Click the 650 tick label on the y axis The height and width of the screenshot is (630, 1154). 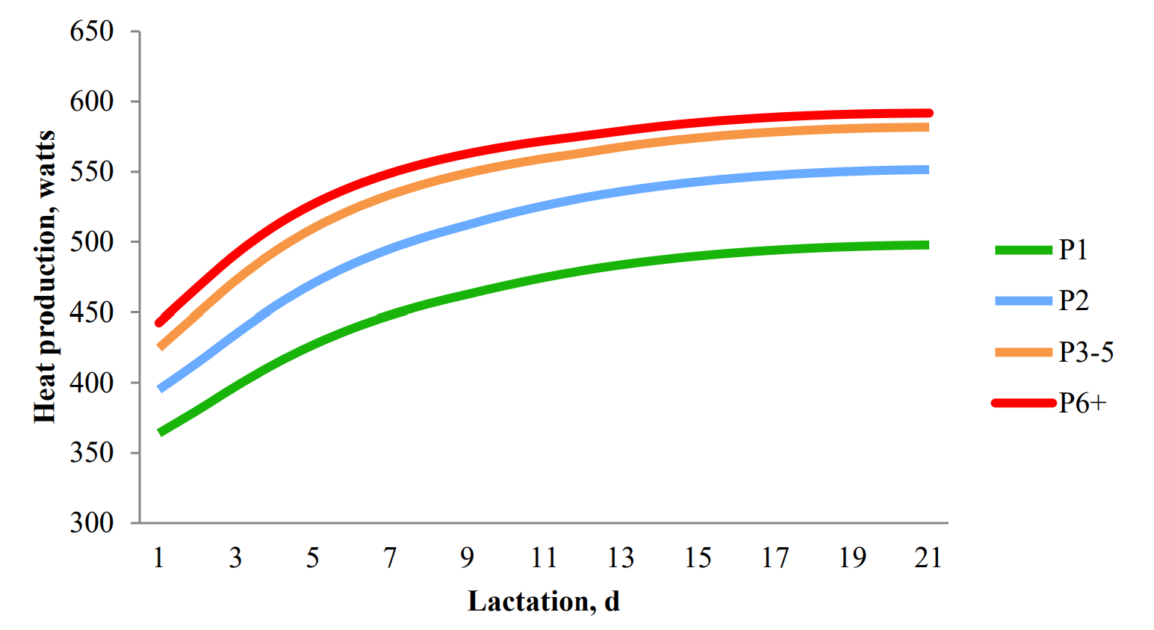92,31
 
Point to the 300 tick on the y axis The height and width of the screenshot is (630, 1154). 92,522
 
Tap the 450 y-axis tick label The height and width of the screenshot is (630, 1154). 92,312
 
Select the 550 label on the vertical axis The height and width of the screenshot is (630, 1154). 92,172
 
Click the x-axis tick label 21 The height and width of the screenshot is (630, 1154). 928,558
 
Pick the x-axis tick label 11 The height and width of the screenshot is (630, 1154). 544,558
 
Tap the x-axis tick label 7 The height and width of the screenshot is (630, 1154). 390,558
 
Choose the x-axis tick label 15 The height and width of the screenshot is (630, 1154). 698,558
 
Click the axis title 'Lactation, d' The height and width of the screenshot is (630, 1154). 544,601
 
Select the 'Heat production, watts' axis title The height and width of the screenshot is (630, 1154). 46,277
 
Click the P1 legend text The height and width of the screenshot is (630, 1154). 1073,250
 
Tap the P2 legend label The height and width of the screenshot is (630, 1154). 1074,300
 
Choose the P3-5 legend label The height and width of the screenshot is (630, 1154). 1086,352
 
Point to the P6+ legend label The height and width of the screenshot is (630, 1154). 1082,403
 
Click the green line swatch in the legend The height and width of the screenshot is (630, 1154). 1023,250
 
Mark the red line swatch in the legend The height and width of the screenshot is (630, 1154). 1023,404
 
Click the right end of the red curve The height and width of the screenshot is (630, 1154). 928,114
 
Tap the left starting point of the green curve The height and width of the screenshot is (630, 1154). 161,432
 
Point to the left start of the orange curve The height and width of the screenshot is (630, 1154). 161,347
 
